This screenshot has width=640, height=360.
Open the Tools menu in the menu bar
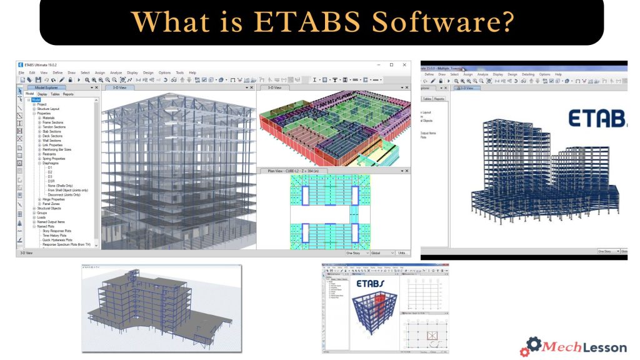pyautogui.click(x=179, y=73)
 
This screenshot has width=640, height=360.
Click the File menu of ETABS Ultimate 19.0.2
pyautogui.click(x=21, y=73)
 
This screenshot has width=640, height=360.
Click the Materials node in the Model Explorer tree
pyautogui.click(x=48, y=117)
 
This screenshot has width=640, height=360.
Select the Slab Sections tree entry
pyautogui.click(x=52, y=132)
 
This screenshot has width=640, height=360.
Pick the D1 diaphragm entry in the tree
pyautogui.click(x=51, y=168)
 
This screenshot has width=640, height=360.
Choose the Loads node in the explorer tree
pyautogui.click(x=42, y=217)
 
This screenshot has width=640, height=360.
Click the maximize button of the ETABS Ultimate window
pyautogui.click(x=391, y=64)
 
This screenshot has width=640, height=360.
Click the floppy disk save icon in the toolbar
pyautogui.click(x=38, y=81)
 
